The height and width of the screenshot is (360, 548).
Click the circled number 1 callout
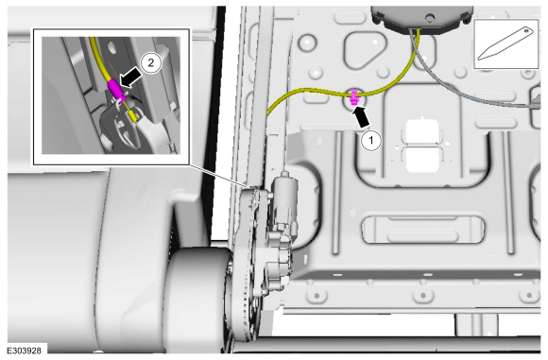click(370, 141)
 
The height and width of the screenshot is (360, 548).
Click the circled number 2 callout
click(151, 63)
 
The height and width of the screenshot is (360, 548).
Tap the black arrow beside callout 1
click(361, 118)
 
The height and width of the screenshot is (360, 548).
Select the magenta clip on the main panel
click(354, 97)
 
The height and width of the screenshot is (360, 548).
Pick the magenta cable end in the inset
click(116, 89)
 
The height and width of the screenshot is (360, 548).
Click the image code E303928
click(25, 351)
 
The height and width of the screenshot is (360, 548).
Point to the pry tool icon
click(506, 44)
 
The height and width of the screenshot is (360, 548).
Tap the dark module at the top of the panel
click(421, 18)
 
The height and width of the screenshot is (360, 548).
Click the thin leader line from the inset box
click(216, 174)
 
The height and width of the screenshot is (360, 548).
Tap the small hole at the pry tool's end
click(527, 31)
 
